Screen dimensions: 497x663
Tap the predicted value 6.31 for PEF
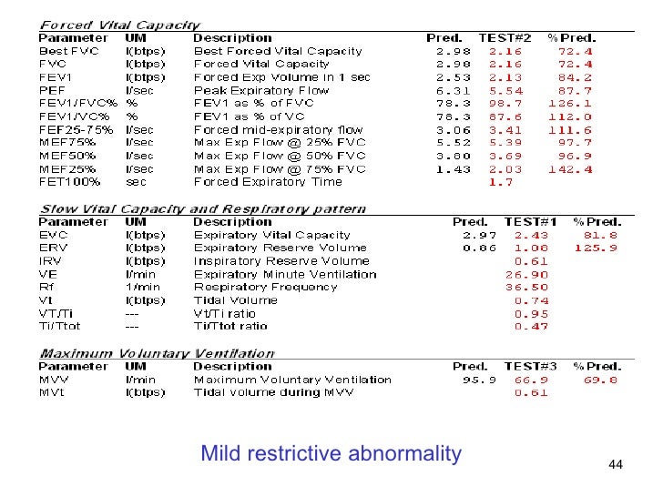[453, 90]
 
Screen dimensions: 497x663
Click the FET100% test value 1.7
[502, 182]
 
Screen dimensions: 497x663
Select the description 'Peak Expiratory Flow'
[261, 90]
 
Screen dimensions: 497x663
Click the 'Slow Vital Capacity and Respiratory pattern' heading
[202, 208]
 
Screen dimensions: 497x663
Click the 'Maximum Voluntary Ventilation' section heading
[157, 353]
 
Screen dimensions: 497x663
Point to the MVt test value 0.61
[532, 392]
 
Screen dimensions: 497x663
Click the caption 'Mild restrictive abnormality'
[331, 452]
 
